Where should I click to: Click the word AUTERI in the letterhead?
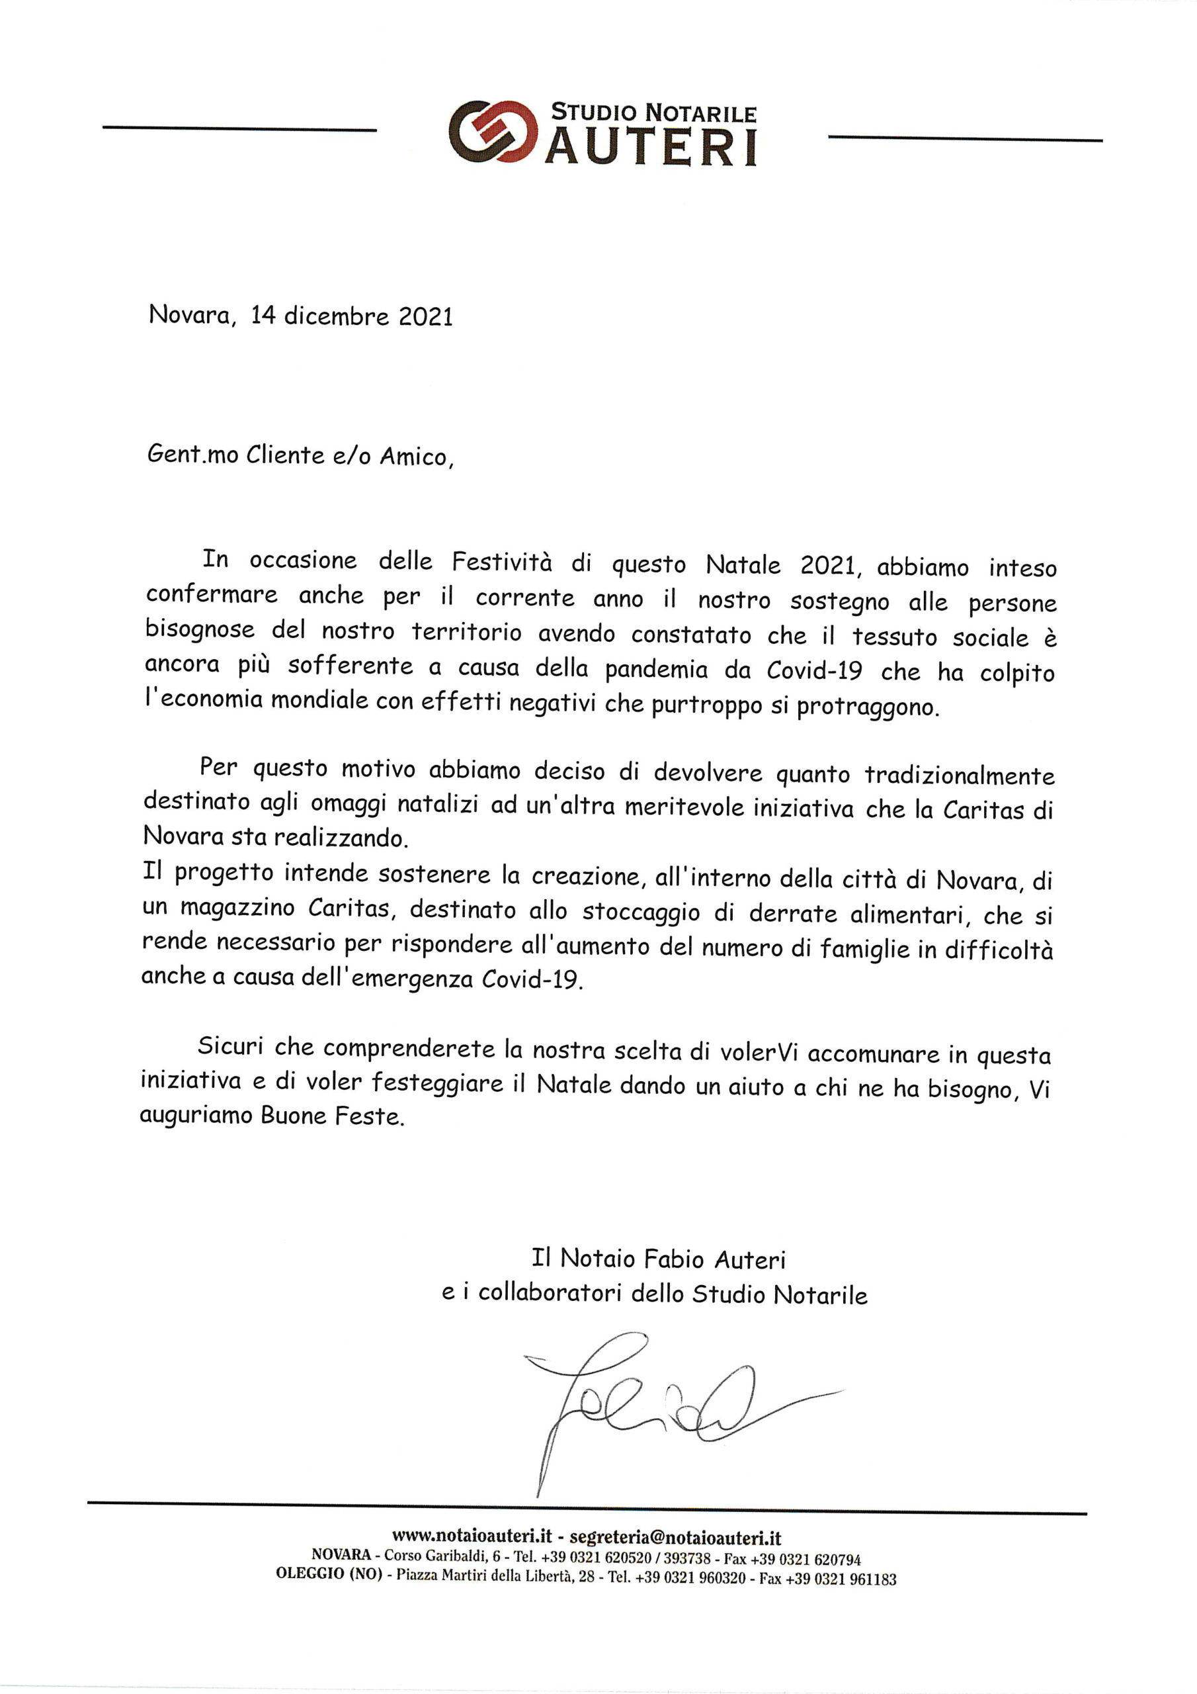654,148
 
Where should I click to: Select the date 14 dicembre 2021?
351,316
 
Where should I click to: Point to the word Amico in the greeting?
413,457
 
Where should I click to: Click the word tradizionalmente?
960,776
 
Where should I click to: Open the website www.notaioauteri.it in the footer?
472,1538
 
